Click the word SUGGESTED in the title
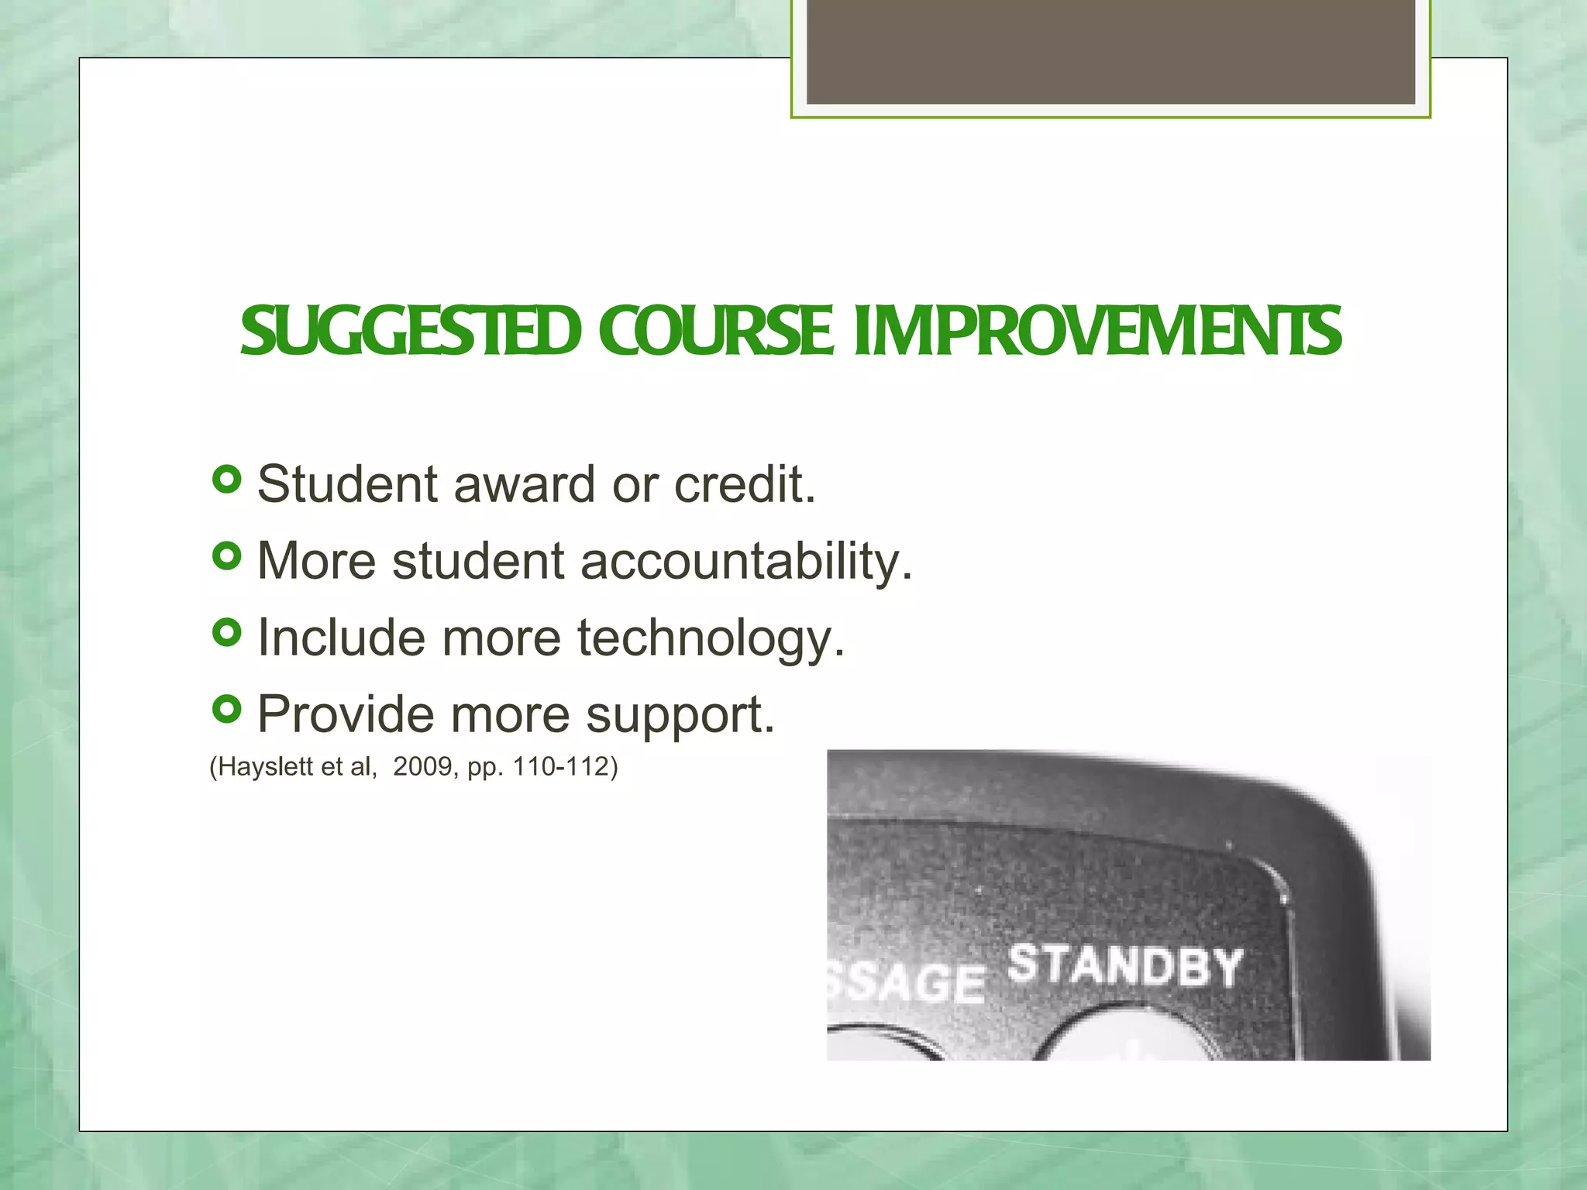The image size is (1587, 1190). (411, 332)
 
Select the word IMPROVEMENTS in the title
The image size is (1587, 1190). (1096, 332)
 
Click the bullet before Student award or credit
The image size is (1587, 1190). (226, 480)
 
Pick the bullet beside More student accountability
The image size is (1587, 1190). (226, 555)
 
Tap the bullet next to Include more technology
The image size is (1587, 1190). (226, 633)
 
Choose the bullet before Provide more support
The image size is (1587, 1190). (226, 709)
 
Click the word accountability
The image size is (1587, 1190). (745, 561)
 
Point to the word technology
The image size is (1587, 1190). (710, 638)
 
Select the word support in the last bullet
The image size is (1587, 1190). (679, 714)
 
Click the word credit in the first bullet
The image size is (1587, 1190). (744, 485)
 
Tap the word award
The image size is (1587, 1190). (524, 485)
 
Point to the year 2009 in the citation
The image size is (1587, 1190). (422, 767)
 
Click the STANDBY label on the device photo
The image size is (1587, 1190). (1125, 967)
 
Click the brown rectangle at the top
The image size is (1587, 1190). (1110, 51)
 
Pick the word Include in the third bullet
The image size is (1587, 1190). (341, 638)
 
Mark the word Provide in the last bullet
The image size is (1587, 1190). (346, 714)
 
